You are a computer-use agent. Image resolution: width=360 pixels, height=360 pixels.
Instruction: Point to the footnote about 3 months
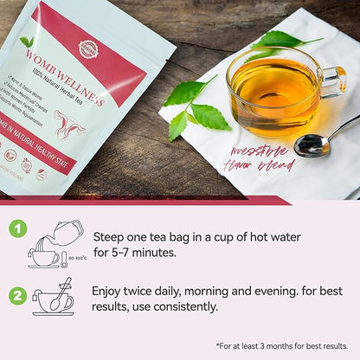281,345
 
